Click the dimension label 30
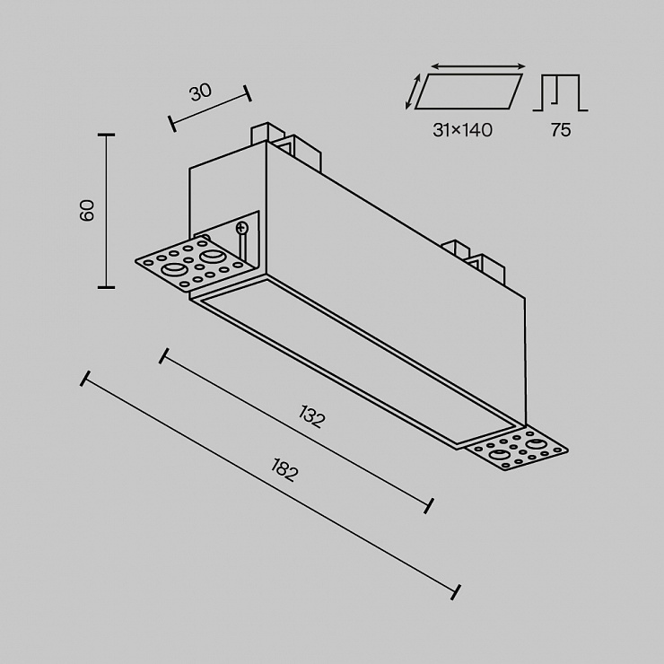[x=200, y=92]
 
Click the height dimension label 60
[x=87, y=211]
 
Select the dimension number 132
[x=311, y=416]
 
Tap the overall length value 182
[x=284, y=469]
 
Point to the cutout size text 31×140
[x=462, y=130]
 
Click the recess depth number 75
[x=561, y=130]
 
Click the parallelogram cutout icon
[x=468, y=92]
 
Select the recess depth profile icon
[x=560, y=92]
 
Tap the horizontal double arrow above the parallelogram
[x=478, y=66]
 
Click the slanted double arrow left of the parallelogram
[x=413, y=92]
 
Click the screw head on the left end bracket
[x=241, y=228]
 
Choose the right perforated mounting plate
[x=517, y=450]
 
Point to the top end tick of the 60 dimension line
[x=106, y=135]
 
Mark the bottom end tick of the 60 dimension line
[x=106, y=287]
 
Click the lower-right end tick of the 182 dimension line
[x=456, y=592]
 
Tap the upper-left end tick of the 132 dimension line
[x=164, y=355]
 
